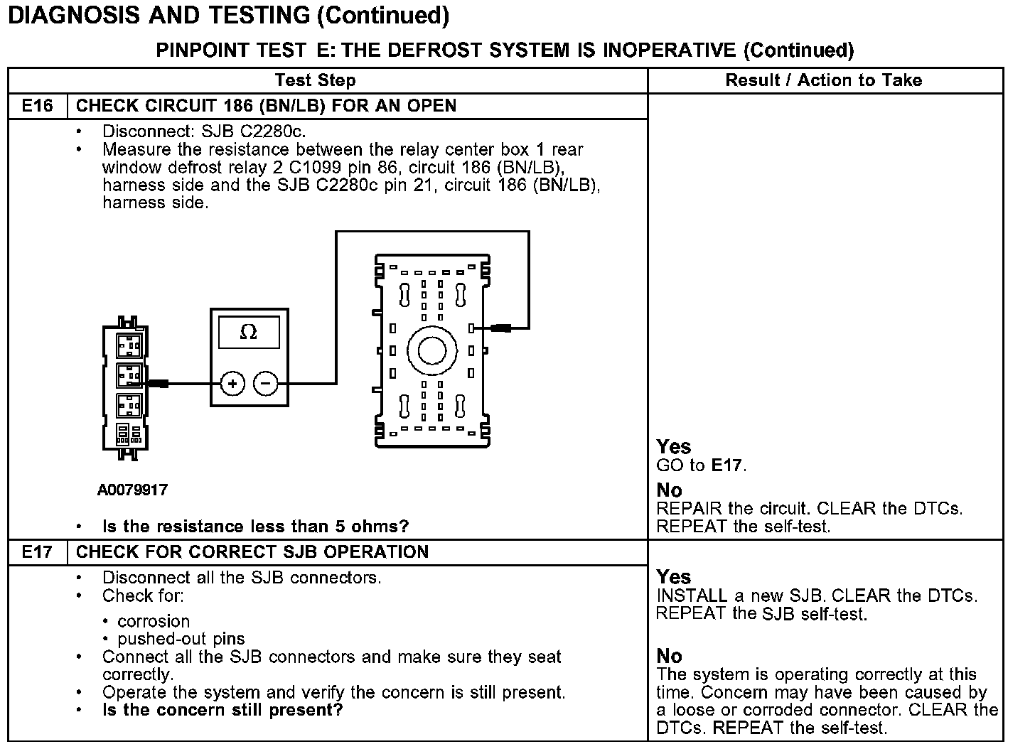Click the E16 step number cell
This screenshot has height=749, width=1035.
(37, 106)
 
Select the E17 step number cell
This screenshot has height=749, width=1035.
(37, 552)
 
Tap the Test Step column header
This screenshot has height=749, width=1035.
(315, 80)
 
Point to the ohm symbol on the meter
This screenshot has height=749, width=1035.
(249, 332)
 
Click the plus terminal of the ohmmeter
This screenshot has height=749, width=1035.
(232, 384)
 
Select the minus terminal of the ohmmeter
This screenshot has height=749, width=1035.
(266, 384)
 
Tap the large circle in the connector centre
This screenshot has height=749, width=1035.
(431, 350)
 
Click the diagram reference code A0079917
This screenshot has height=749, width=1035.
(133, 490)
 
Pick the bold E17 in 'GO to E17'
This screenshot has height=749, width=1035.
(726, 465)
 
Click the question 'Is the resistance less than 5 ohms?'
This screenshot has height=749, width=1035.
(255, 527)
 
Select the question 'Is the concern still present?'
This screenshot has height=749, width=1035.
(222, 710)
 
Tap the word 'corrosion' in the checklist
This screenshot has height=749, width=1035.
(154, 621)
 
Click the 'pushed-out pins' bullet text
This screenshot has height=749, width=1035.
(181, 639)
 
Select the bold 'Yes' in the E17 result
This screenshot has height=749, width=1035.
(674, 576)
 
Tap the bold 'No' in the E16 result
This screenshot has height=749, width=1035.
(669, 490)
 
